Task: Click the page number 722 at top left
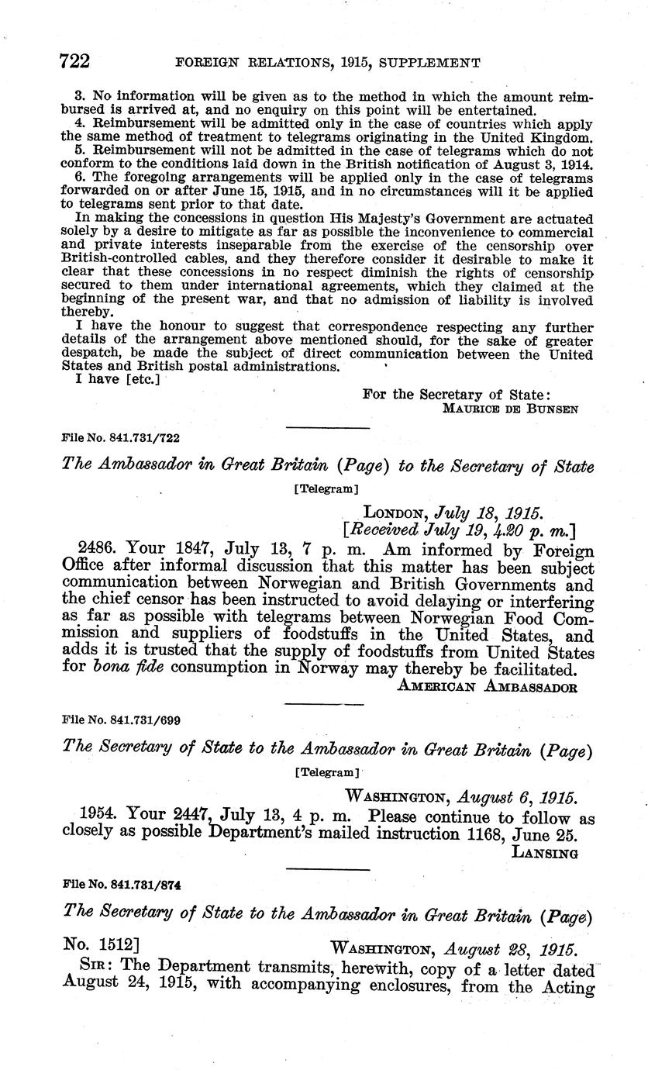coord(75,62)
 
